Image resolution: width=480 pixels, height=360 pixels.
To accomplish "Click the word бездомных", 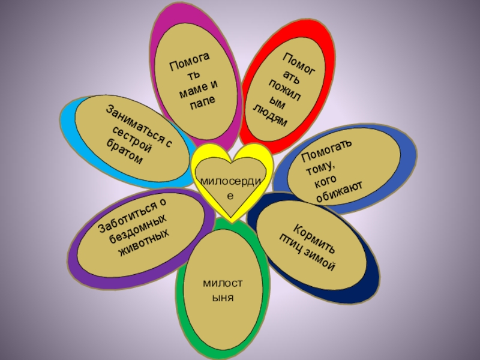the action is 140,230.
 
